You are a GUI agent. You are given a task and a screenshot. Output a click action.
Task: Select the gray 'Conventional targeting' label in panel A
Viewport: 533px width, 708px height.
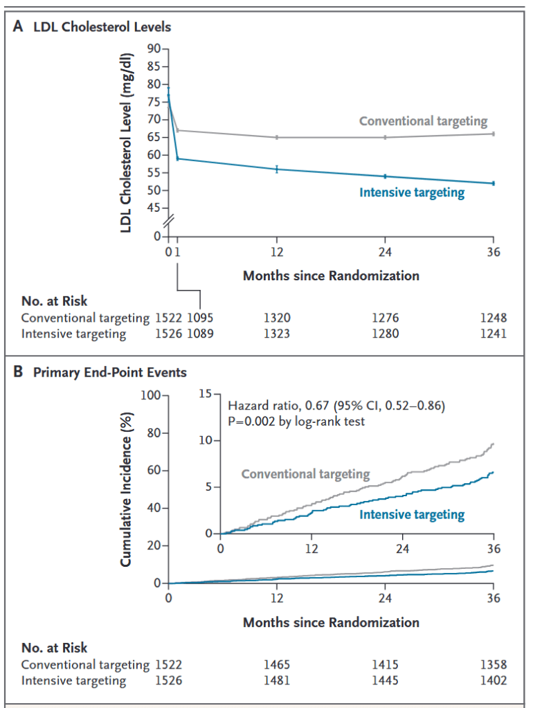(423, 121)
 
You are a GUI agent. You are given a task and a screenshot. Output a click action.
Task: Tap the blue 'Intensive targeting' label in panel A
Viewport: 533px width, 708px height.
(412, 192)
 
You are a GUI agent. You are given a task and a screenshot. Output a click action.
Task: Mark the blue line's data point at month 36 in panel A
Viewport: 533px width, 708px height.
(494, 183)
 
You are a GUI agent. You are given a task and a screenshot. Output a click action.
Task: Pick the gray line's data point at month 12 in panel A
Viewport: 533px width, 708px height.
(277, 137)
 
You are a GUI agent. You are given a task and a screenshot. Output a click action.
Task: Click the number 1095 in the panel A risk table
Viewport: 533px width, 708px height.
(200, 318)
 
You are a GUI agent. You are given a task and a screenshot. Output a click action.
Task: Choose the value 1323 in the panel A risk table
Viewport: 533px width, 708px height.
(278, 334)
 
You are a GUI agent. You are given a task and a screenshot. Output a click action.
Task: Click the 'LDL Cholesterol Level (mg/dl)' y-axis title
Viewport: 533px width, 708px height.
(127, 138)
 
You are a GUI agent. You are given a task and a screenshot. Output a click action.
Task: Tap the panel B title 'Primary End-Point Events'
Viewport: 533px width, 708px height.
(109, 372)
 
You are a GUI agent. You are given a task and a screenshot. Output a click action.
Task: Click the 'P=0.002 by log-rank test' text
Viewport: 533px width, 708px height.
(295, 419)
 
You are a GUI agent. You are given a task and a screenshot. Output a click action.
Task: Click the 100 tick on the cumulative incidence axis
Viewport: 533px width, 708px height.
(150, 395)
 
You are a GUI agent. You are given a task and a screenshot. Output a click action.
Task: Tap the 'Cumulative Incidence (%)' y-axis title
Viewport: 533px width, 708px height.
(127, 489)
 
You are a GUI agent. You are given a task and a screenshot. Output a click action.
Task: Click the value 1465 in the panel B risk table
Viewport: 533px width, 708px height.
(278, 665)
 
